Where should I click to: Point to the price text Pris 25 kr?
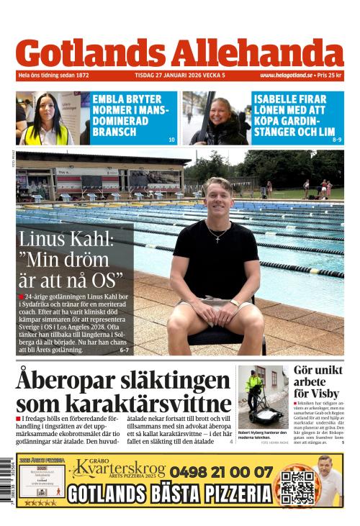tap(329, 75)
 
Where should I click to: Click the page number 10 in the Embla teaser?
tap(171, 140)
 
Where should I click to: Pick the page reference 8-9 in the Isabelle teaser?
tap(337, 140)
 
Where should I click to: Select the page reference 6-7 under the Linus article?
tap(124, 350)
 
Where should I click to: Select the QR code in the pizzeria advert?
tap(297, 486)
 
